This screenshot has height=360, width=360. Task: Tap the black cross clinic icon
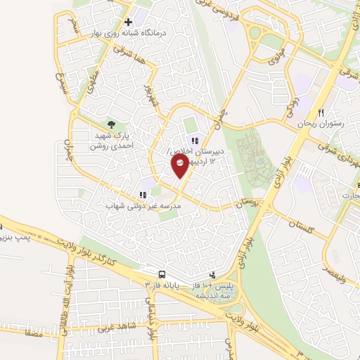[x=128, y=22]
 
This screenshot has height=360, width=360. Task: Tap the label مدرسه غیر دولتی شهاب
[x=143, y=207]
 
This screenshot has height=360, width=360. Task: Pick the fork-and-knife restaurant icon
[x=321, y=112]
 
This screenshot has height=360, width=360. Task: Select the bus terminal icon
[x=162, y=274]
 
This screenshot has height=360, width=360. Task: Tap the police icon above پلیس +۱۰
[x=213, y=275]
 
